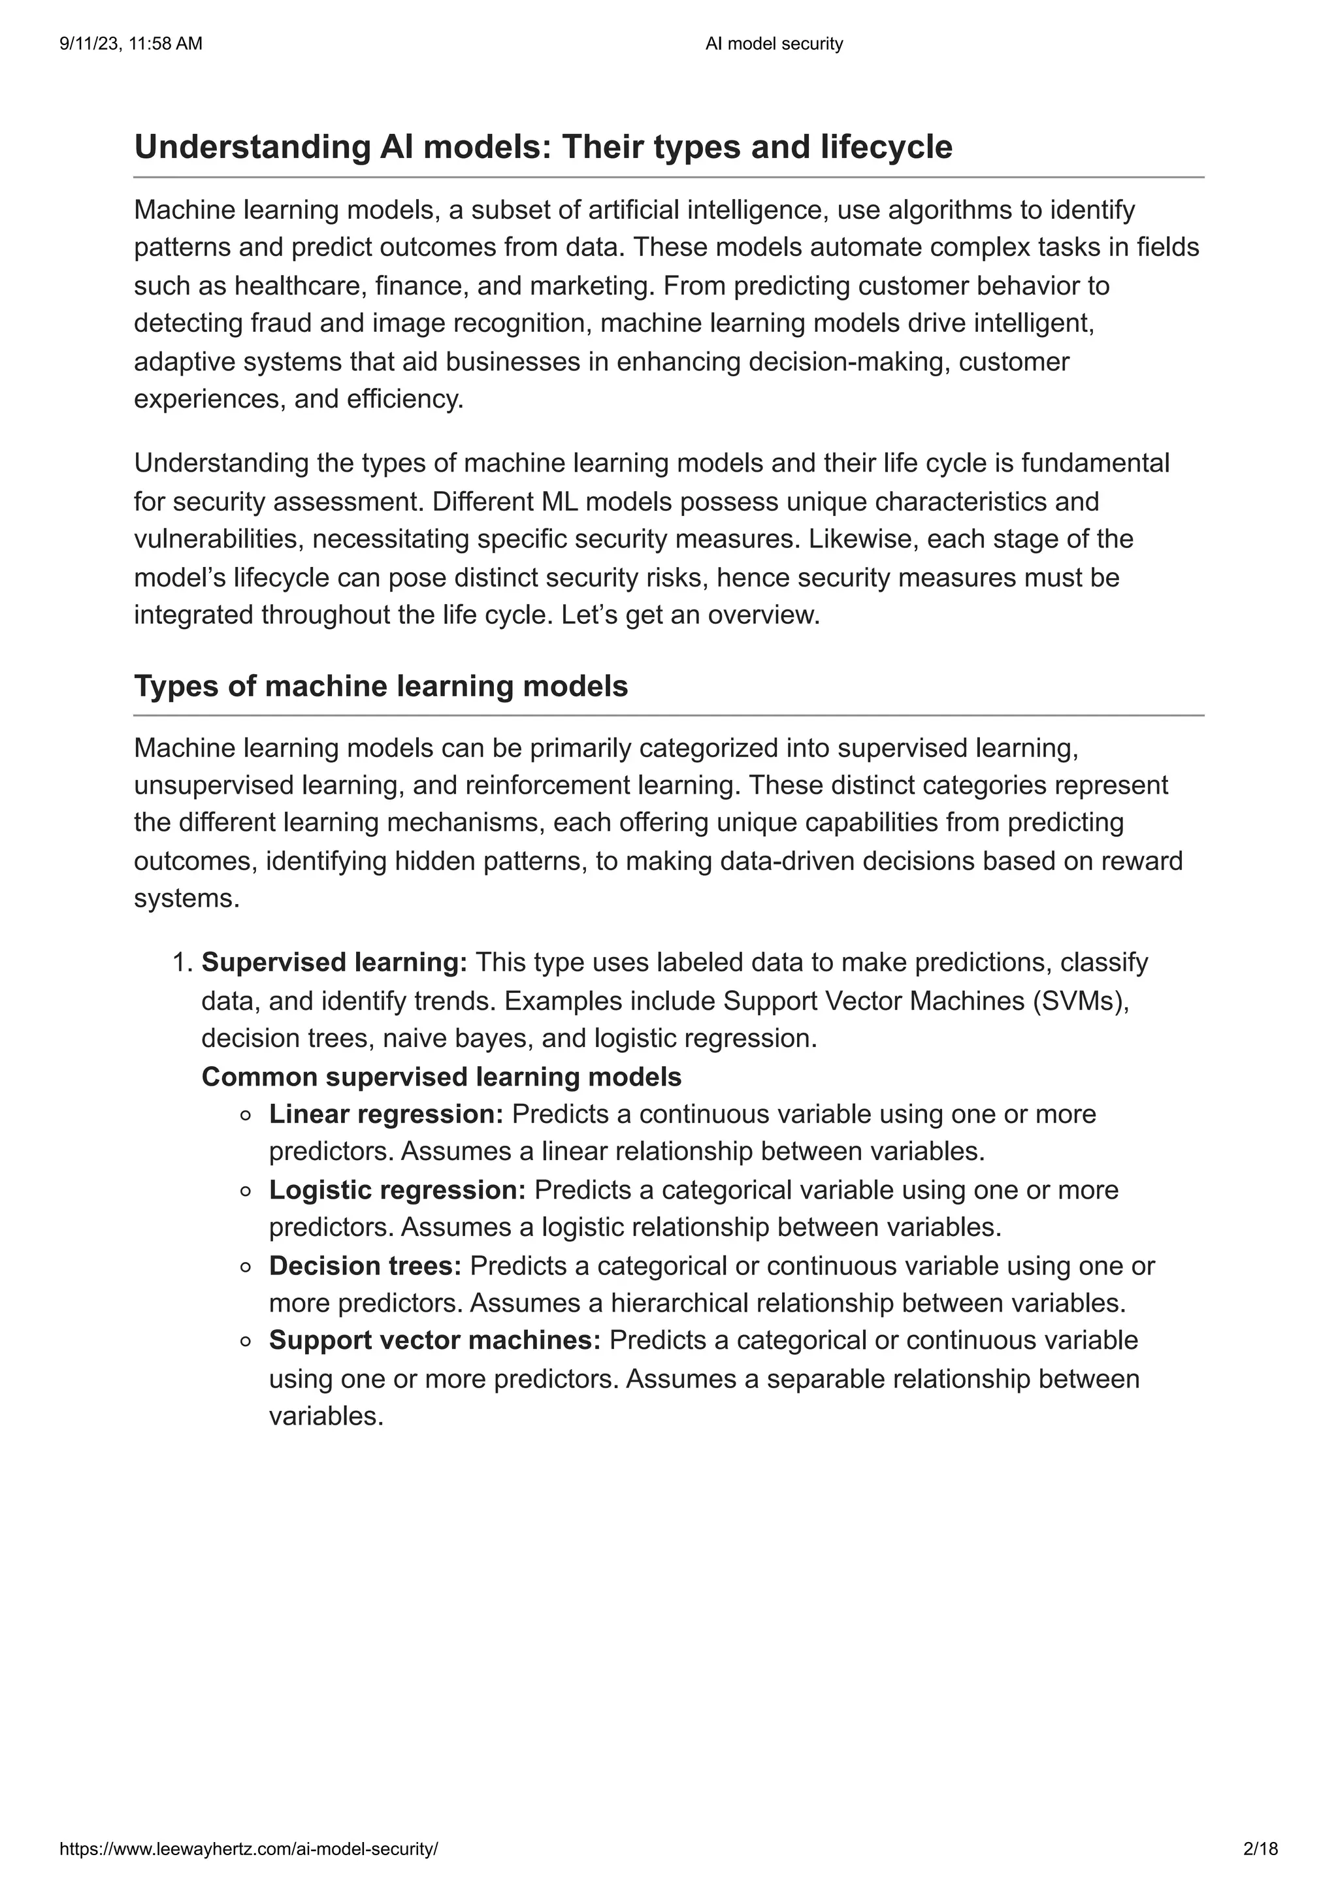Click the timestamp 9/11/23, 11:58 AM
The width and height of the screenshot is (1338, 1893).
pyautogui.click(x=131, y=44)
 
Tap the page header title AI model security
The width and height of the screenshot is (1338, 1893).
pyautogui.click(x=774, y=44)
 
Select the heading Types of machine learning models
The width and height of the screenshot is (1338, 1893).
pyautogui.click(x=381, y=686)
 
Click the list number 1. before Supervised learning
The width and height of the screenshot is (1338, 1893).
pyautogui.click(x=182, y=962)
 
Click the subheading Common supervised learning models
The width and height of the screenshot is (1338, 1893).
pyautogui.click(x=442, y=1076)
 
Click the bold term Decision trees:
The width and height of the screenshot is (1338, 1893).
pyautogui.click(x=365, y=1265)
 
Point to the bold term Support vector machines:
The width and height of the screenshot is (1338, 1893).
pyautogui.click(x=435, y=1340)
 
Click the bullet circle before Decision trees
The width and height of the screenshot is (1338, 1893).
pyautogui.click(x=245, y=1267)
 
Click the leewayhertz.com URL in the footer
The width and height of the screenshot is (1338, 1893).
pyautogui.click(x=249, y=1849)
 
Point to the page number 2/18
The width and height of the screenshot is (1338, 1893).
pyautogui.click(x=1260, y=1849)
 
